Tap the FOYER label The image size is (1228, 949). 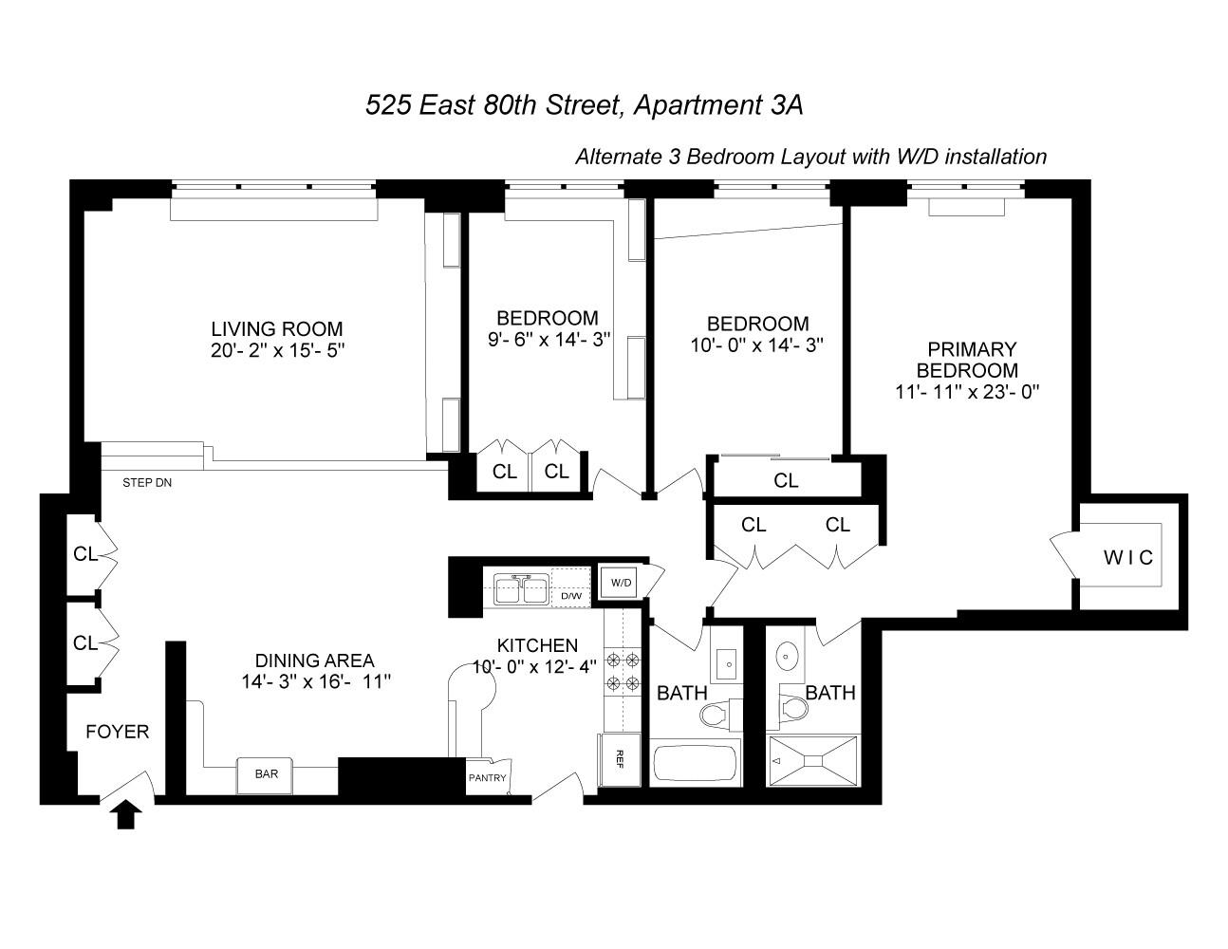click(117, 732)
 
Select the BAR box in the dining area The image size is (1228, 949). click(267, 774)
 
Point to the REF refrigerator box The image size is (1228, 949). click(619, 758)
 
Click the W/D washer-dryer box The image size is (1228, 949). click(622, 582)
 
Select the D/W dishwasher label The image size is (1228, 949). click(571, 596)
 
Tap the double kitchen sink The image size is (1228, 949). click(519, 589)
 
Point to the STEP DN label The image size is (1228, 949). click(147, 483)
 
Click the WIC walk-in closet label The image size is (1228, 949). click(1128, 558)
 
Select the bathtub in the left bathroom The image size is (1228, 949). click(696, 765)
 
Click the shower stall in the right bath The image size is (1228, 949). click(812, 760)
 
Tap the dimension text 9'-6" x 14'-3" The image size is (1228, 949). click(547, 340)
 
